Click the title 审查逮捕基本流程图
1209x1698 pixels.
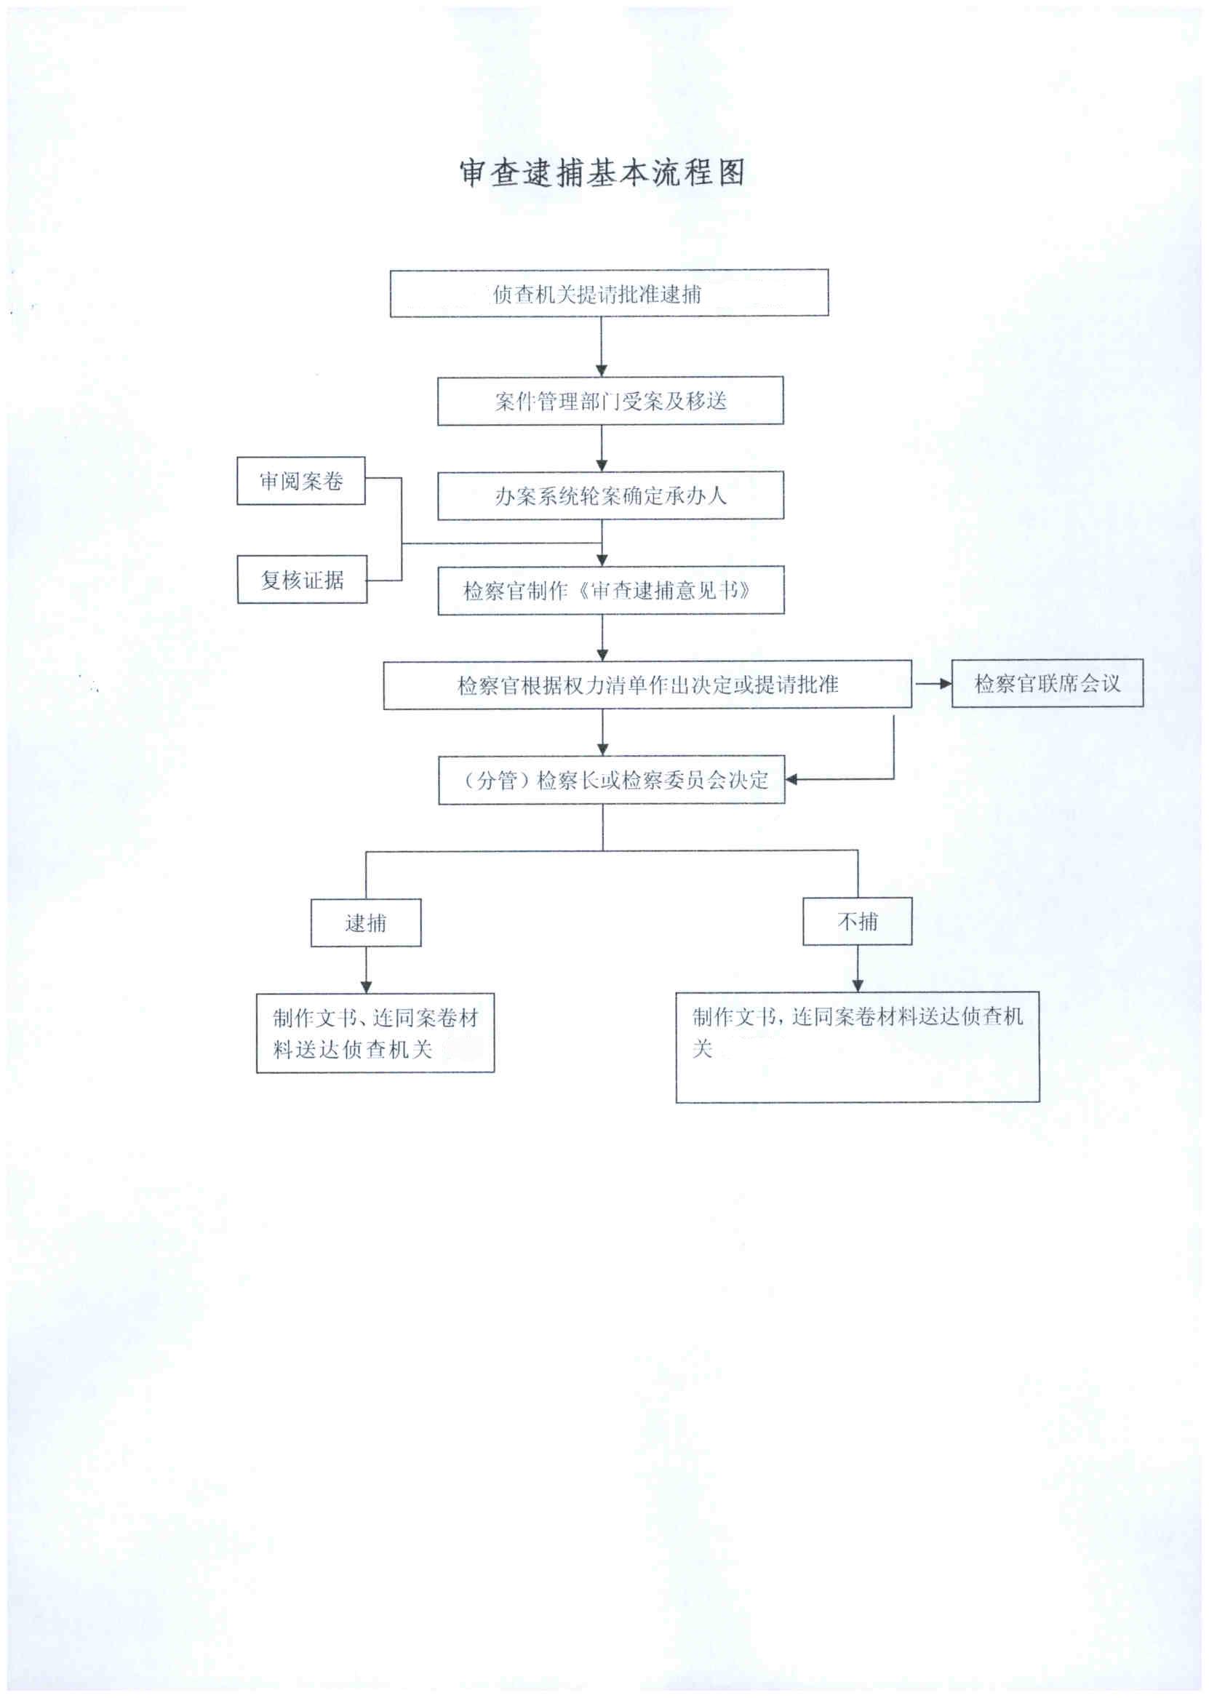(602, 172)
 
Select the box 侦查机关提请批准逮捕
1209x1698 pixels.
(609, 293)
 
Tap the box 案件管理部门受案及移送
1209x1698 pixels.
(610, 402)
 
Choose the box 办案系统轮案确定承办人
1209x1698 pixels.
(610, 495)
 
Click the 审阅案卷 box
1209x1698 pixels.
(300, 481)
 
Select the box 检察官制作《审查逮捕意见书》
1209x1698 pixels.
(610, 590)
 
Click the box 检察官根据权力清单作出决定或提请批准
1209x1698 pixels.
(647, 684)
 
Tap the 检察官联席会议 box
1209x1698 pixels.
(1047, 683)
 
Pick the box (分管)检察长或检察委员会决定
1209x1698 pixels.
(611, 779)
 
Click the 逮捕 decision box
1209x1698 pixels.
(365, 923)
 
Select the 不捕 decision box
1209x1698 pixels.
(857, 922)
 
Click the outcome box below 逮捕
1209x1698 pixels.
(375, 1033)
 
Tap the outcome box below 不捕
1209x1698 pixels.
(857, 1047)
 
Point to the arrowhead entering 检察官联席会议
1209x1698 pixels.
(945, 683)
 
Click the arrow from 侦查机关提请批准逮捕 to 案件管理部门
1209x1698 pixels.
(602, 347)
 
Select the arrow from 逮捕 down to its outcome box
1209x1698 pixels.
(365, 970)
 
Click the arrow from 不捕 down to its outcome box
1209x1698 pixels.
(858, 968)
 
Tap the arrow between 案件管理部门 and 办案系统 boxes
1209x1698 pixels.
(602, 448)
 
